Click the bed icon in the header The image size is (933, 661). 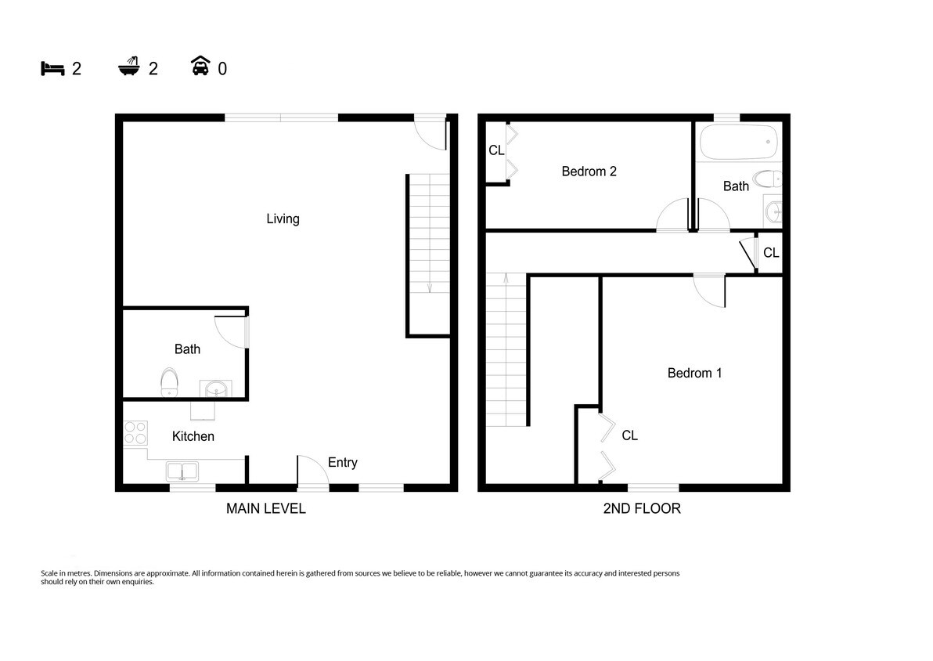coord(52,68)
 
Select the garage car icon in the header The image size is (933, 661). coord(200,67)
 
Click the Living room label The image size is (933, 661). coord(283,219)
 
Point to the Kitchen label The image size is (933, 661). coord(193,436)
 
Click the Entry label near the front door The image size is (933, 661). coord(342,462)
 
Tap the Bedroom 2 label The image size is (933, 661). coord(589,171)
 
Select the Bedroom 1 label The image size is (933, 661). coord(694,373)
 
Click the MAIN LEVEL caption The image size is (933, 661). coord(265,508)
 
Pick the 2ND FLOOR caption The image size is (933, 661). coord(641,508)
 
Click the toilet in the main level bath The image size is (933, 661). coord(169,383)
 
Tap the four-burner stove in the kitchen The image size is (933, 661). coord(135,433)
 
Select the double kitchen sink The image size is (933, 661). coord(182,471)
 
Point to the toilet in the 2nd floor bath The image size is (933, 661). coord(766,179)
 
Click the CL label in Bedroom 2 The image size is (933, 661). coord(496,150)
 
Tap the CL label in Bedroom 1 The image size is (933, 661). coord(629,435)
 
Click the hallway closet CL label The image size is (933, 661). coord(770,253)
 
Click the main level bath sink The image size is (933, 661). coord(217,389)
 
